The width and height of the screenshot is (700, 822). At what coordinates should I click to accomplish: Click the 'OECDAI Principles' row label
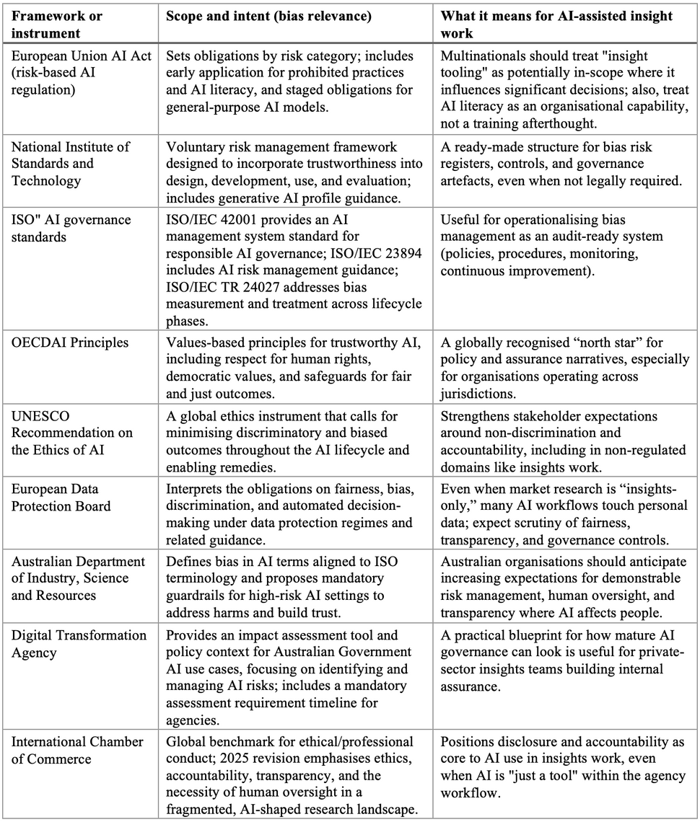(70, 342)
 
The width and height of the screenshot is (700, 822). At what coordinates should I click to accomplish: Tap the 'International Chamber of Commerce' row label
(77, 751)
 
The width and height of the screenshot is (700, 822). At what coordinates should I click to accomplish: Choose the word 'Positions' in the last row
(468, 742)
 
